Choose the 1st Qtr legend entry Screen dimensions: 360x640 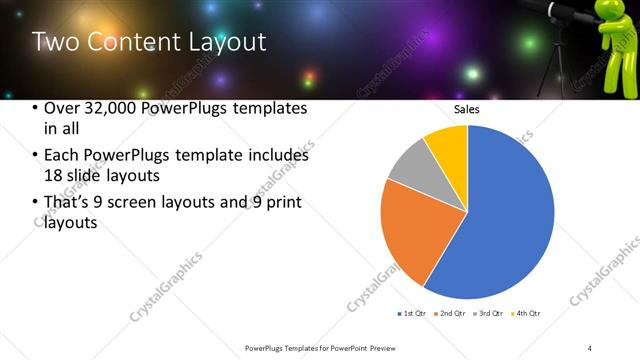tap(412, 314)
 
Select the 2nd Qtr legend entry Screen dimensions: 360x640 tap(452, 314)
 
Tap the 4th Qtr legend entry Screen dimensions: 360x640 tap(527, 314)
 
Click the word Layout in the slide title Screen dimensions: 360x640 tap(215, 42)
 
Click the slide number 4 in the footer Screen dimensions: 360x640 tap(590, 347)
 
